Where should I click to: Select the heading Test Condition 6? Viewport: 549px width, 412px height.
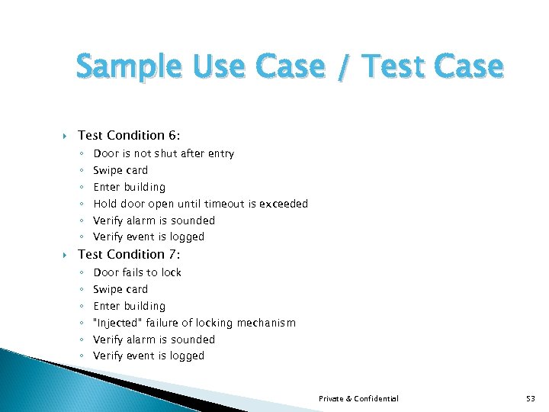pos(129,136)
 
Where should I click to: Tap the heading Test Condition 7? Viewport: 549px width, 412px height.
pos(129,255)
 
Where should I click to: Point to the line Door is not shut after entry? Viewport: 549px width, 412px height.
pos(163,153)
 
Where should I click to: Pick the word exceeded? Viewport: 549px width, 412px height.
pos(284,204)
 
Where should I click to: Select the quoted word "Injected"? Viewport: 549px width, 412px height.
pos(117,323)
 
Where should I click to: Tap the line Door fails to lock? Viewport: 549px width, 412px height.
pos(137,272)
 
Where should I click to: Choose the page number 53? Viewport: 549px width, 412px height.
pos(531,398)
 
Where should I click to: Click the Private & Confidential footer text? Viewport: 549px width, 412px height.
pos(358,398)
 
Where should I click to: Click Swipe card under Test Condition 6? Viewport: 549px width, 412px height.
pos(120,170)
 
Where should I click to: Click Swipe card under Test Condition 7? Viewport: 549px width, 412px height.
pos(120,289)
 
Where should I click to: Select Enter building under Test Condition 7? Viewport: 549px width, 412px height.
pos(129,306)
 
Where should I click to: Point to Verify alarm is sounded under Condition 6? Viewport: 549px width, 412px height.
pos(154,220)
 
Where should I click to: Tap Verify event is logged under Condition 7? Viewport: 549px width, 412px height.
pos(149,356)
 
